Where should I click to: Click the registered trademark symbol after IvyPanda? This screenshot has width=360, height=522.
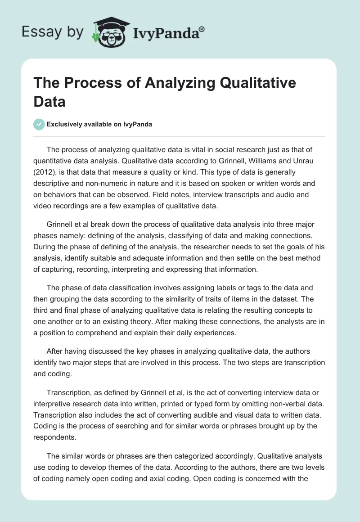coord(202,28)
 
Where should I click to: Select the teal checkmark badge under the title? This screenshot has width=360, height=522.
coord(39,124)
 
